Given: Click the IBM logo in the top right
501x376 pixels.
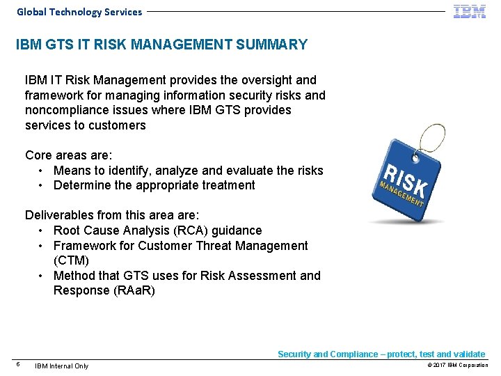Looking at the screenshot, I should [470, 11].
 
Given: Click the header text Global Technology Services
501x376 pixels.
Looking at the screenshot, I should [79, 12].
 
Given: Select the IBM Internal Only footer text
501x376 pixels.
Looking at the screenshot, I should [62, 366].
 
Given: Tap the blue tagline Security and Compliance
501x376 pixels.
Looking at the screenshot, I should [381, 354].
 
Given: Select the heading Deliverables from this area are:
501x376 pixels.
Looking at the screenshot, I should [111, 215].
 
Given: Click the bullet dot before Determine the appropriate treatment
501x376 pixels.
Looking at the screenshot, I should [42, 186].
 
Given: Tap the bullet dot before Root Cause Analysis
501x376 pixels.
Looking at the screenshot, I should [42, 230].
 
